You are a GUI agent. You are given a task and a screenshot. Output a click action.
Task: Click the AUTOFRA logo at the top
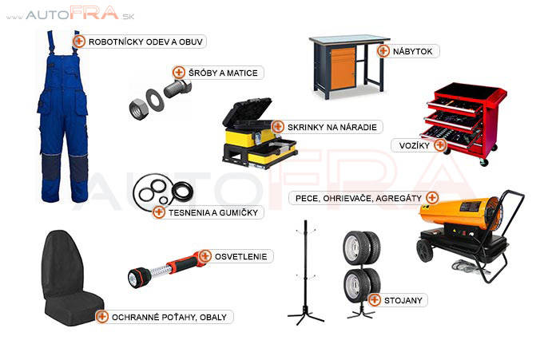coord(70,14)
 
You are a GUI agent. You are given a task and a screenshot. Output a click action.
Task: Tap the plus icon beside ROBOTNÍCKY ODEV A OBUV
coord(79,42)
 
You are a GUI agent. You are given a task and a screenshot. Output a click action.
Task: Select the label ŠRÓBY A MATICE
coord(223,73)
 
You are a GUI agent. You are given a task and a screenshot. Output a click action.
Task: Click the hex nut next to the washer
coord(138,109)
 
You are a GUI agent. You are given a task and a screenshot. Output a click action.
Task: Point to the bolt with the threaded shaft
coord(177,88)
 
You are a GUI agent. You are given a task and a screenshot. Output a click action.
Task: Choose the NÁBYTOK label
coord(412,51)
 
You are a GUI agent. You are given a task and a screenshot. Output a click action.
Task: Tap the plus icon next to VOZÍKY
coord(440,145)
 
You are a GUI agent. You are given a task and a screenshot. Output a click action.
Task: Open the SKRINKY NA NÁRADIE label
coord(332,127)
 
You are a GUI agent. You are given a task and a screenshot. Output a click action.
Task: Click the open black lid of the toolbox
coord(248,112)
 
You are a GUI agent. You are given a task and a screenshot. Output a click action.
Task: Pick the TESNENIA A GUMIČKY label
coord(213,212)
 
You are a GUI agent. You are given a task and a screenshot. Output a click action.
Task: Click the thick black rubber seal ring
coord(183,192)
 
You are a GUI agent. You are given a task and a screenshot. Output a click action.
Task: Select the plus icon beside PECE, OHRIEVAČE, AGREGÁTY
coord(432,197)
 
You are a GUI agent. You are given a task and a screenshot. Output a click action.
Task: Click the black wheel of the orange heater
coord(424,250)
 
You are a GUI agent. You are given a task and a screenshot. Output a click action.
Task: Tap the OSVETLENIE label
coord(240,256)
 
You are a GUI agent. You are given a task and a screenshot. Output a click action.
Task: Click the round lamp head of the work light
coord(136,278)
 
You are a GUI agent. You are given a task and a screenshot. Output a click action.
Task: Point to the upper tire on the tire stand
coord(362,247)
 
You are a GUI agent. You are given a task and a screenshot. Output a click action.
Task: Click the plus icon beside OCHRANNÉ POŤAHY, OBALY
coord(101,316)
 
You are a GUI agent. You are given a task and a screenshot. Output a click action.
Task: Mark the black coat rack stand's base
coord(305,316)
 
